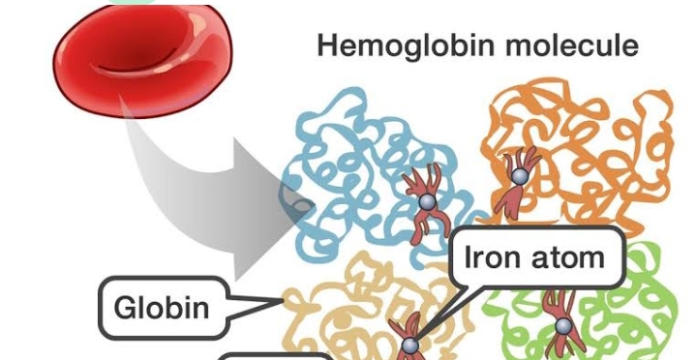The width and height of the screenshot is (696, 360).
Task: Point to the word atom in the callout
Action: click(569, 257)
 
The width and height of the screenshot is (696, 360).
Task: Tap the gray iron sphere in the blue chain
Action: click(423, 200)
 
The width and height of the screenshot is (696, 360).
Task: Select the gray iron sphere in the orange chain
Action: click(520, 176)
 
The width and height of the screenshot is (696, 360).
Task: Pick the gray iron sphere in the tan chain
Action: click(409, 345)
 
